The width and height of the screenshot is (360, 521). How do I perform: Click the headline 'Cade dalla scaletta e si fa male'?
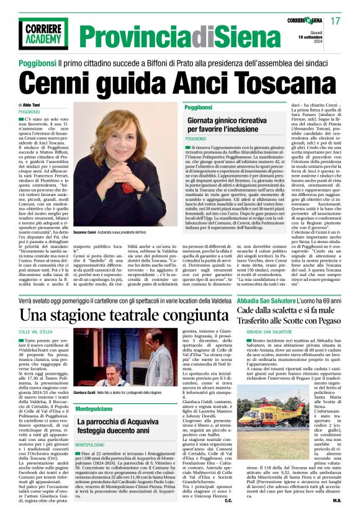click(286, 309)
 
